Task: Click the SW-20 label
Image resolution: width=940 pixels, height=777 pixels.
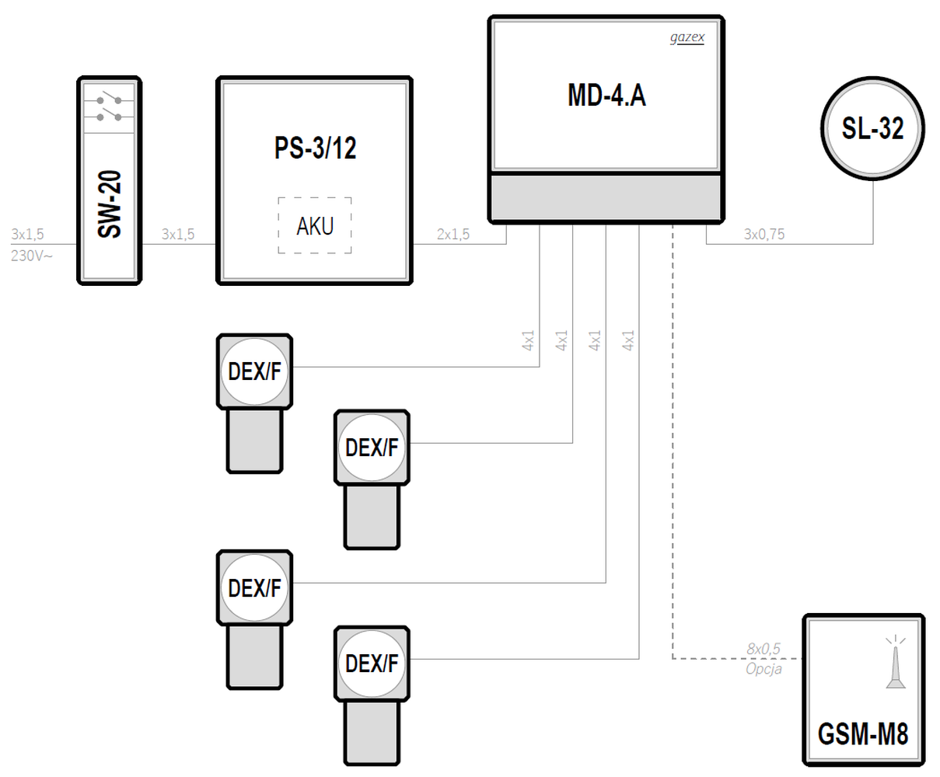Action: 111,206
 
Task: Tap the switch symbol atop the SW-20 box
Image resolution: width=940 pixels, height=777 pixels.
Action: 109,107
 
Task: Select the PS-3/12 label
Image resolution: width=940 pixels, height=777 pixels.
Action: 315,148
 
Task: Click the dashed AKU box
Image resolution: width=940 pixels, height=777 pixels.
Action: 315,225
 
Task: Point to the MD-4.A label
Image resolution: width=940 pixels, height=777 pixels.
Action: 606,95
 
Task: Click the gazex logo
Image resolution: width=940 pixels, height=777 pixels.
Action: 687,37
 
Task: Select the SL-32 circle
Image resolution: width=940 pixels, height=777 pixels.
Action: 872,128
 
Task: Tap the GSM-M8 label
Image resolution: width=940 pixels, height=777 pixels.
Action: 863,733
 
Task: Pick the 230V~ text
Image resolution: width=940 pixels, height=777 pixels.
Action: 32,255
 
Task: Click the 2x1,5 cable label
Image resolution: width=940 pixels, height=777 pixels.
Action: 453,234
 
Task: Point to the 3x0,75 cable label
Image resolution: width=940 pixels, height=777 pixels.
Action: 764,234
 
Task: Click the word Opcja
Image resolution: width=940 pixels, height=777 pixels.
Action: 764,668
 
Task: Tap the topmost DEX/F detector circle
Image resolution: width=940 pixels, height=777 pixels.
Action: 254,371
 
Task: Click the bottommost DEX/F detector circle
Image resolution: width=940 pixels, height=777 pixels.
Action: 372,664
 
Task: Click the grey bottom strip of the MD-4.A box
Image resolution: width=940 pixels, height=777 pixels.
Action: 606,198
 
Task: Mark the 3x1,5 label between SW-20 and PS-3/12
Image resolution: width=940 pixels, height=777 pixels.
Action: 178,234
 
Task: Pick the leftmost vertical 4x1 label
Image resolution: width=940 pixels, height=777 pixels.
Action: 529,340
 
